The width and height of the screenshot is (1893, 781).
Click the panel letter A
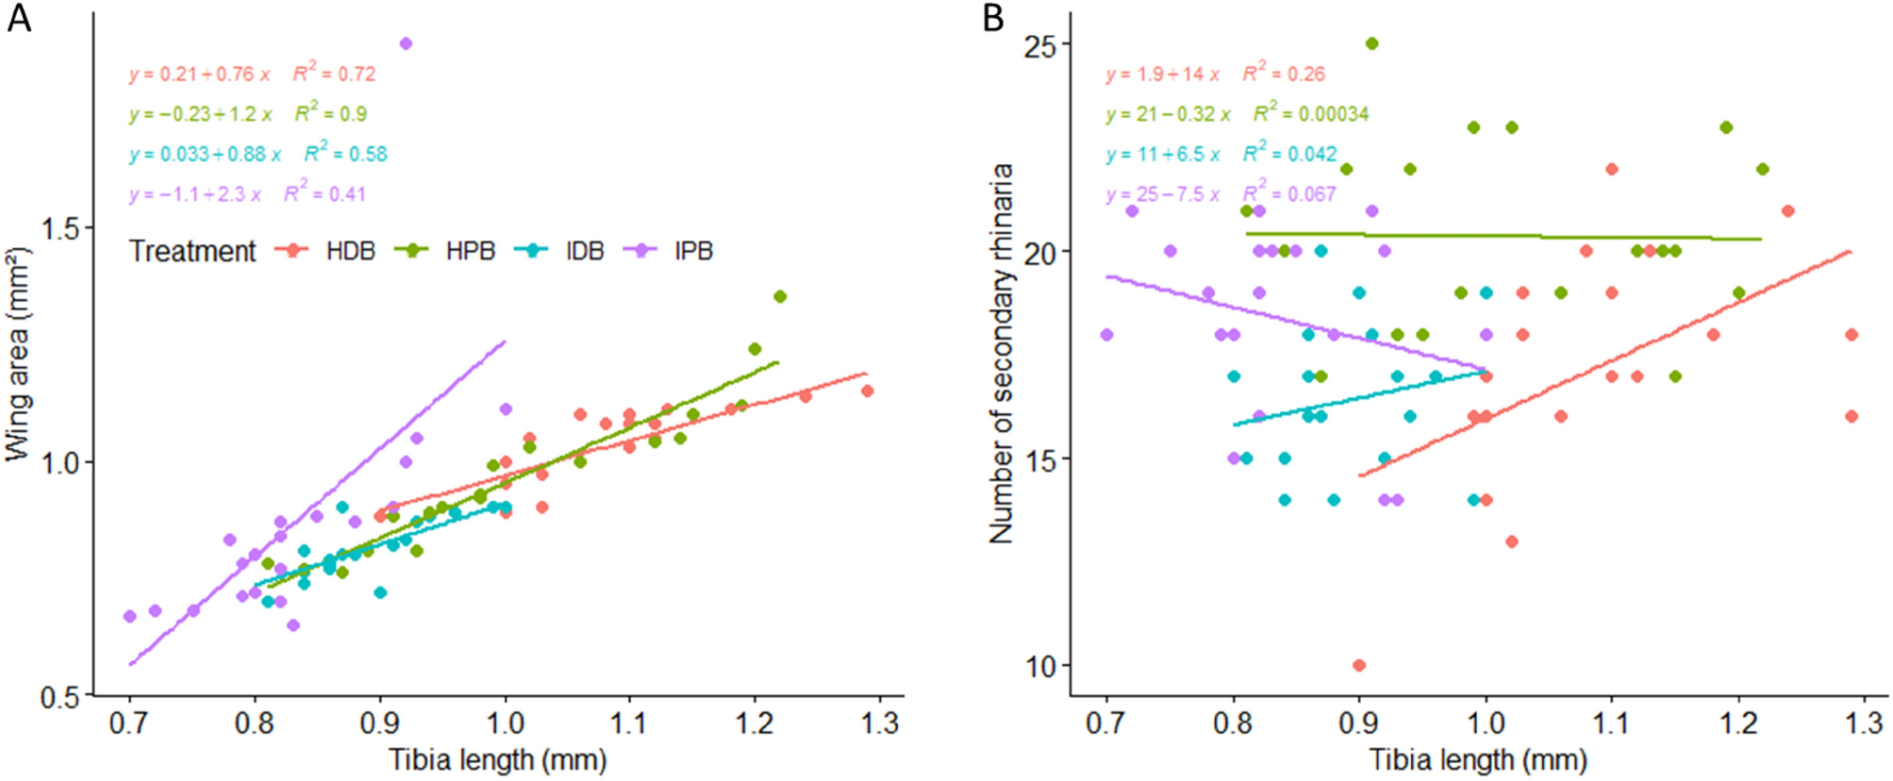coord(19,18)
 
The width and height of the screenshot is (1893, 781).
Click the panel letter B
coord(993,18)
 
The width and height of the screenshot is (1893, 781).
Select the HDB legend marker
coord(292,251)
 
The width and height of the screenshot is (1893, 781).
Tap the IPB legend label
coord(693,251)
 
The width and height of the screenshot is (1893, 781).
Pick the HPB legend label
coord(470,251)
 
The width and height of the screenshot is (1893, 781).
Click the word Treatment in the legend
coord(192,251)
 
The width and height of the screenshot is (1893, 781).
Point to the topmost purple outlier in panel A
coord(406,43)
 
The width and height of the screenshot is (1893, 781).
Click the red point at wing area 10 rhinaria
coord(1359,665)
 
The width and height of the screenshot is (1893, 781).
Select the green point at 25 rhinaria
coord(1371,43)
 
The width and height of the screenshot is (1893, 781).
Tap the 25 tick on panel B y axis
coord(1040,45)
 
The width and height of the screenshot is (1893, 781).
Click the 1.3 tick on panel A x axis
coord(879,723)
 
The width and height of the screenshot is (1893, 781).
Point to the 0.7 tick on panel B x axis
coord(1106,723)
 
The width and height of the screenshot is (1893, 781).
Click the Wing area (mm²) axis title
coord(17,354)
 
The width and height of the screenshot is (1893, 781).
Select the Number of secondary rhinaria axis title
coord(1001,354)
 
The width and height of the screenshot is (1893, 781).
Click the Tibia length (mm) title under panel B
coord(1478,759)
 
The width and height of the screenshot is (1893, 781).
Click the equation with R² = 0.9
coord(248,114)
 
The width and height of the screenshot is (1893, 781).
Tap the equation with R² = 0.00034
coord(1237,114)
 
